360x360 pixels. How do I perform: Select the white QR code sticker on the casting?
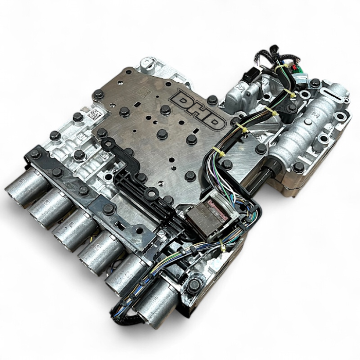[93, 114]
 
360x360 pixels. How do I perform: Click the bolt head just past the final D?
[212, 100]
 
